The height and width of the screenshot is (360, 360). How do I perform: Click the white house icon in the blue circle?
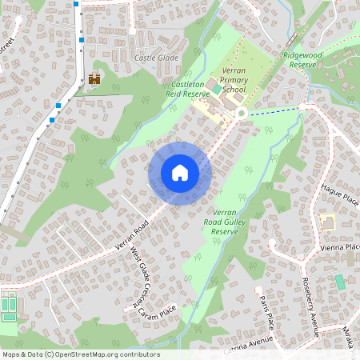coord(180,173)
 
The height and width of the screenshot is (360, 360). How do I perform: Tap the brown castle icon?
coord(94,79)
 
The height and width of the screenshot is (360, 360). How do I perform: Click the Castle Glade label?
coord(156,58)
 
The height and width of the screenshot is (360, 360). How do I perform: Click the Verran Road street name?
coord(131,236)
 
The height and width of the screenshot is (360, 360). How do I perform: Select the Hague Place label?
coord(341,193)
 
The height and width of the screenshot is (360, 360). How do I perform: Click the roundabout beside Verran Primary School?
coord(241,114)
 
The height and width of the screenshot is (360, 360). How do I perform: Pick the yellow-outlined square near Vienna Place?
coord(326,222)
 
